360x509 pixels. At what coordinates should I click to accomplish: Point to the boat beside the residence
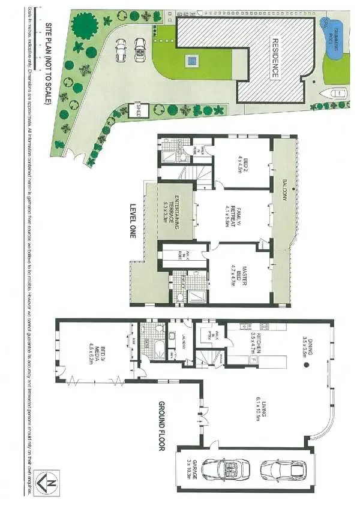click(x=337, y=94)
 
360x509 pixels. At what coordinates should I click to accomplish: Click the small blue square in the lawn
click(x=191, y=60)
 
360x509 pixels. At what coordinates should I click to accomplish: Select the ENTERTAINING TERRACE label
click(x=174, y=210)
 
